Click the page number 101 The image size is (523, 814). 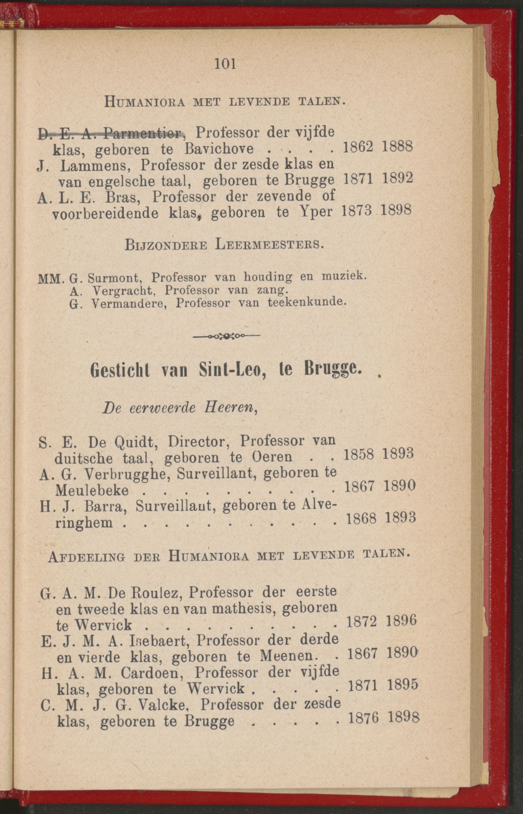[x=225, y=63]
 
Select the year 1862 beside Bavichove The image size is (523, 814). [x=358, y=147]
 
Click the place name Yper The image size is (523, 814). [x=317, y=211]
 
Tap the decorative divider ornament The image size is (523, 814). [x=227, y=337]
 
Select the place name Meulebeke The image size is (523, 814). [x=92, y=490]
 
